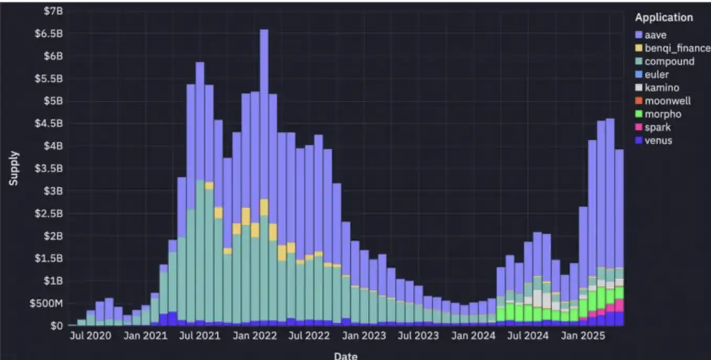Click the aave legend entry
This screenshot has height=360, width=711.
point(655,35)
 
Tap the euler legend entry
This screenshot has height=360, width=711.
point(656,75)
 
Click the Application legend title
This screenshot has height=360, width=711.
point(664,17)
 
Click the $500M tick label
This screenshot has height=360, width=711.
point(46,303)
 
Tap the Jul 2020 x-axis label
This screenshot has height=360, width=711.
point(90,336)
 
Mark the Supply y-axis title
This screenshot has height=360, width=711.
point(14,168)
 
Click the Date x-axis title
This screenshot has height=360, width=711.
point(346,355)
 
